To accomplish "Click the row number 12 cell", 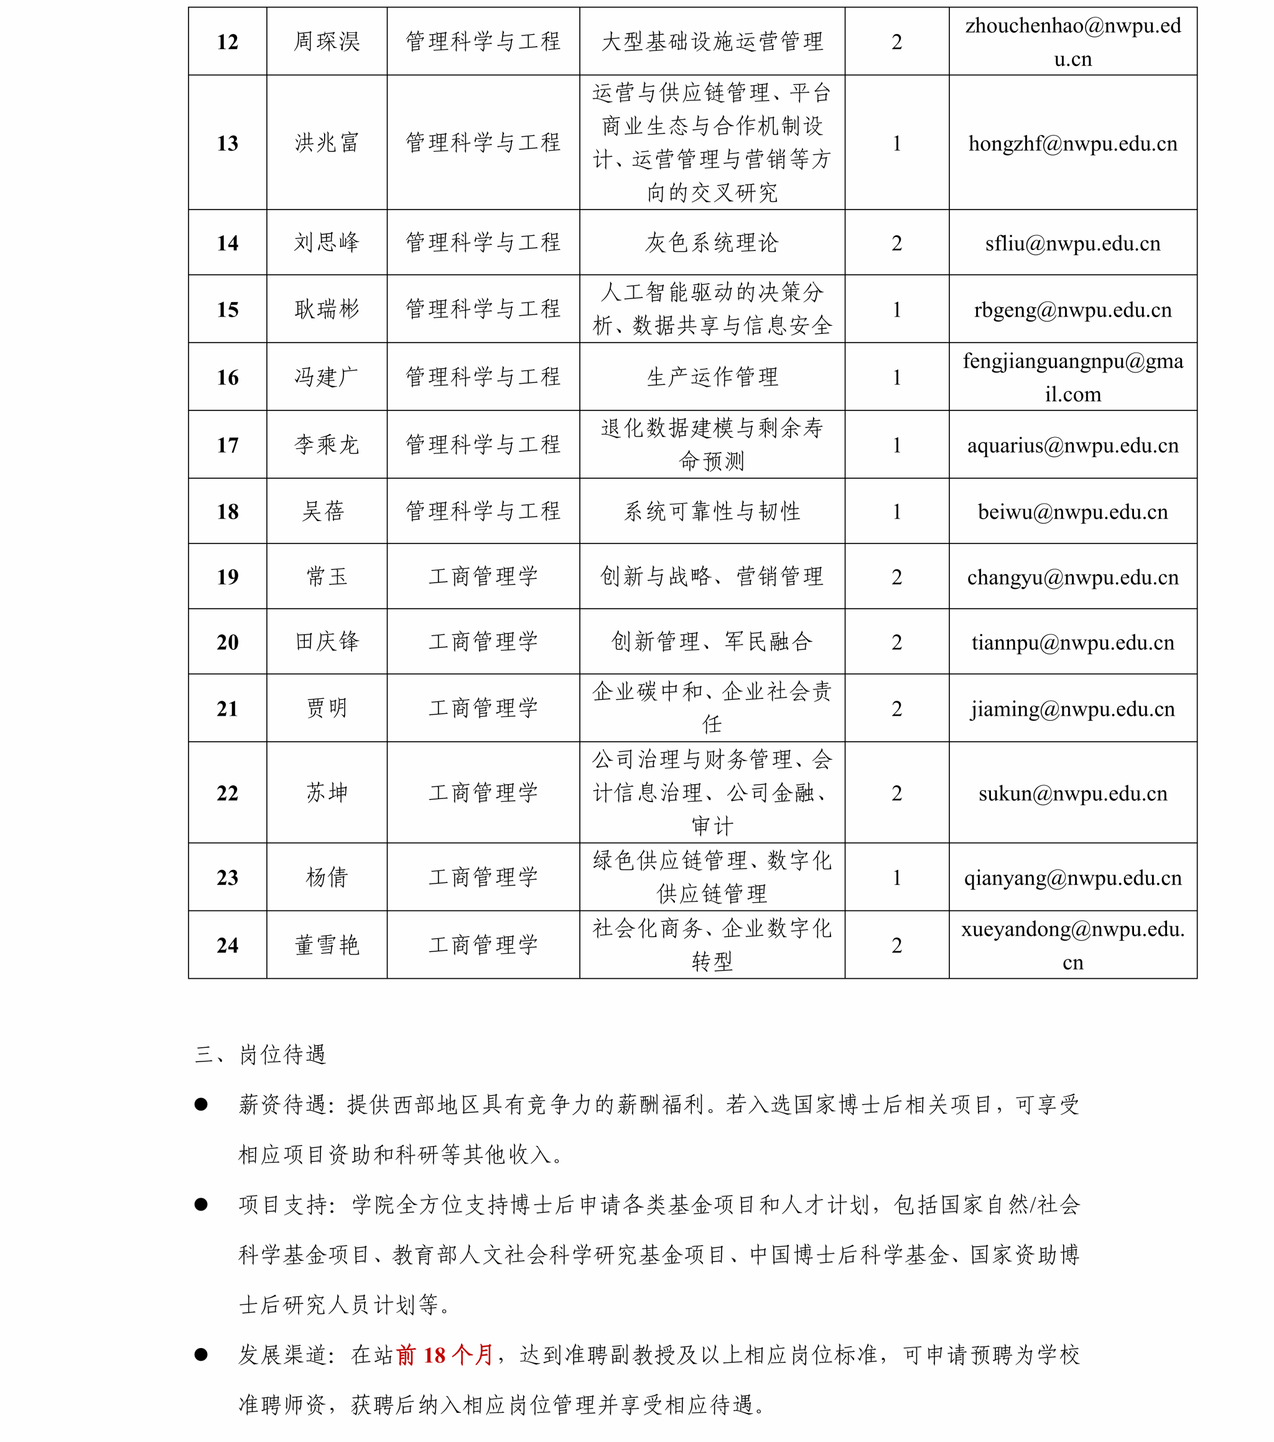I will (227, 42).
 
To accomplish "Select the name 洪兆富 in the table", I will (327, 142).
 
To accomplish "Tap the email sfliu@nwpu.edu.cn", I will (1072, 243).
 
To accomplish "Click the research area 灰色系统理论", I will (712, 243).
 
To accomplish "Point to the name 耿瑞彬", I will (327, 309).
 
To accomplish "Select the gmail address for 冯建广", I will (1072, 377).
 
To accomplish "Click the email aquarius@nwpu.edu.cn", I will (1072, 445).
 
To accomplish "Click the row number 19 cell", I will (227, 577).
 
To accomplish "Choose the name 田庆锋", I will (327, 642).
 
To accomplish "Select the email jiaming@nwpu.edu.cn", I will (1072, 709).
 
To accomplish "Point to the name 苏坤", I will (327, 793).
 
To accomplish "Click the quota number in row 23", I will (896, 877).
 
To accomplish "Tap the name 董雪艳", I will (327, 945).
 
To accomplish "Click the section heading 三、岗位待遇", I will (261, 1055).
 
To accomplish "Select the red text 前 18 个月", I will (445, 1355).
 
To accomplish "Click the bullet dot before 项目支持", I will (201, 1205).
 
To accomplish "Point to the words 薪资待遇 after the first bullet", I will (283, 1105).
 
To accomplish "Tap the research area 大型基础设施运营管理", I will (712, 42).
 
